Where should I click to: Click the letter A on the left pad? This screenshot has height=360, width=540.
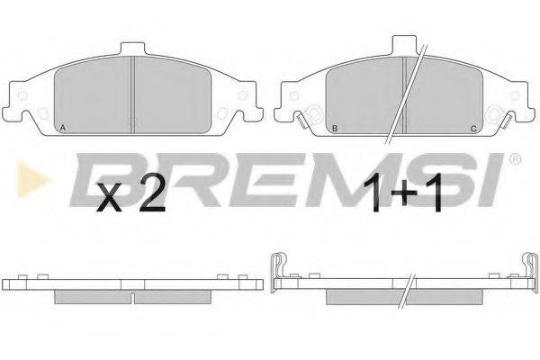pyautogui.click(x=63, y=128)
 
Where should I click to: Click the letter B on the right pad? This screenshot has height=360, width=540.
pyautogui.click(x=335, y=129)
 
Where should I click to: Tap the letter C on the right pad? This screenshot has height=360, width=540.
pyautogui.click(x=473, y=129)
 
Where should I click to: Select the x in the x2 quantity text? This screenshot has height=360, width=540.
pyautogui.click(x=110, y=197)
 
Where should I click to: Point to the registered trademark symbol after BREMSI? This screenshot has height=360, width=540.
pyautogui.click(x=516, y=159)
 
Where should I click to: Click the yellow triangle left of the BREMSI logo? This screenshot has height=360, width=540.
pyautogui.click(x=31, y=180)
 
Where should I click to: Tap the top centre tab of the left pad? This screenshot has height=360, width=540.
pyautogui.click(x=132, y=49)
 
